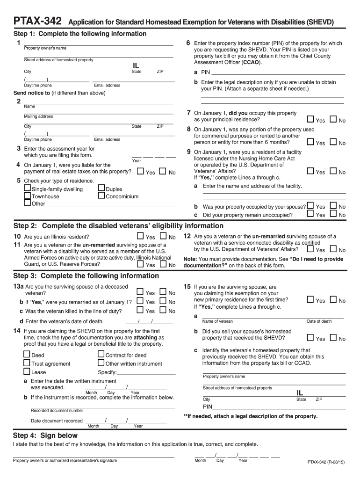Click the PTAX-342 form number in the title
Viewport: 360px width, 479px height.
(37, 22)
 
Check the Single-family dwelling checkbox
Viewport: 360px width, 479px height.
(27, 189)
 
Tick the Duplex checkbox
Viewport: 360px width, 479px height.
(101, 189)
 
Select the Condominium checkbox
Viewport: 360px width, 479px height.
(101, 196)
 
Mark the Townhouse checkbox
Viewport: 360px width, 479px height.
(27, 196)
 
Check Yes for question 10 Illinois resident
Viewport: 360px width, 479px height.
(140, 236)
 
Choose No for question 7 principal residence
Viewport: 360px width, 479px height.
(333, 120)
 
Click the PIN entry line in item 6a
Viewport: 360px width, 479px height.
(278, 73)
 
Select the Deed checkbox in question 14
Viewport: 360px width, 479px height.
(27, 355)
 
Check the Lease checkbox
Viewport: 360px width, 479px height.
(27, 371)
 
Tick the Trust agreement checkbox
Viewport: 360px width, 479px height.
(27, 363)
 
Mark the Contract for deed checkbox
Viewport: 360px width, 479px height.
(101, 355)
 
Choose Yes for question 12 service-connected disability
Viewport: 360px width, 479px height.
(310, 250)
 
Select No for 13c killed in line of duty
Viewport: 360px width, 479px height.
(163, 310)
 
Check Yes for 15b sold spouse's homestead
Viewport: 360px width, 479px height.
(310, 338)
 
